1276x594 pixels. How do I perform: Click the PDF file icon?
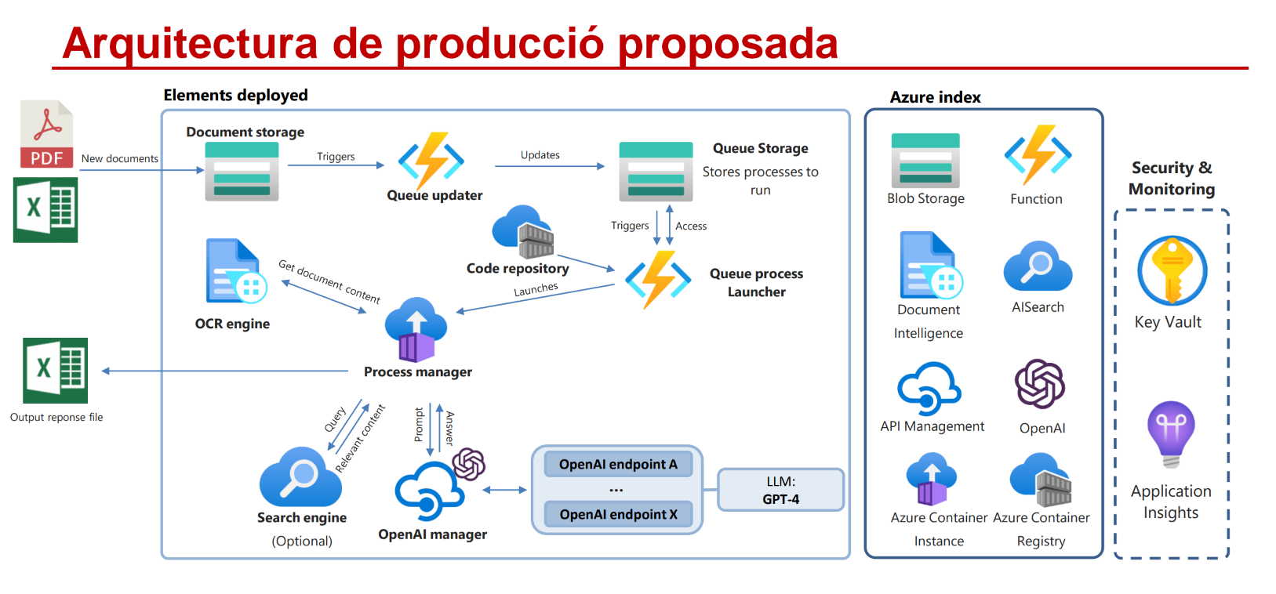[47, 134]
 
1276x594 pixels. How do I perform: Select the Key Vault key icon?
[1172, 271]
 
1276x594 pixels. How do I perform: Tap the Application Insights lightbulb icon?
[1171, 434]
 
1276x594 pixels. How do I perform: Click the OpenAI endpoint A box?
[618, 464]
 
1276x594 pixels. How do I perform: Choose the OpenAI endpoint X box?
[618, 514]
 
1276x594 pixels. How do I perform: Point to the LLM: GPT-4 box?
[780, 490]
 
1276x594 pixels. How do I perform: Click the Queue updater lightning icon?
[431, 161]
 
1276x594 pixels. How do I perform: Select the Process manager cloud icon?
[416, 330]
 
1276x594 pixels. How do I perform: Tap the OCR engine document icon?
[236, 271]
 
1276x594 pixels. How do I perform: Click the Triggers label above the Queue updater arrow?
[336, 157]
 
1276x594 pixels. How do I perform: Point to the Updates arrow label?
[540, 154]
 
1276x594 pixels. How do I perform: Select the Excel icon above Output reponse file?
[55, 371]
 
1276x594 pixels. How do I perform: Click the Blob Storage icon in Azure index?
[925, 161]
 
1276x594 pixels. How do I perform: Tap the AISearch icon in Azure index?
[1038, 266]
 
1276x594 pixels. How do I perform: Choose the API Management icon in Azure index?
[929, 389]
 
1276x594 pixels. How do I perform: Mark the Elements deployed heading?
[235, 95]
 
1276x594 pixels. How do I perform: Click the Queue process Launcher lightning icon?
[658, 279]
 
